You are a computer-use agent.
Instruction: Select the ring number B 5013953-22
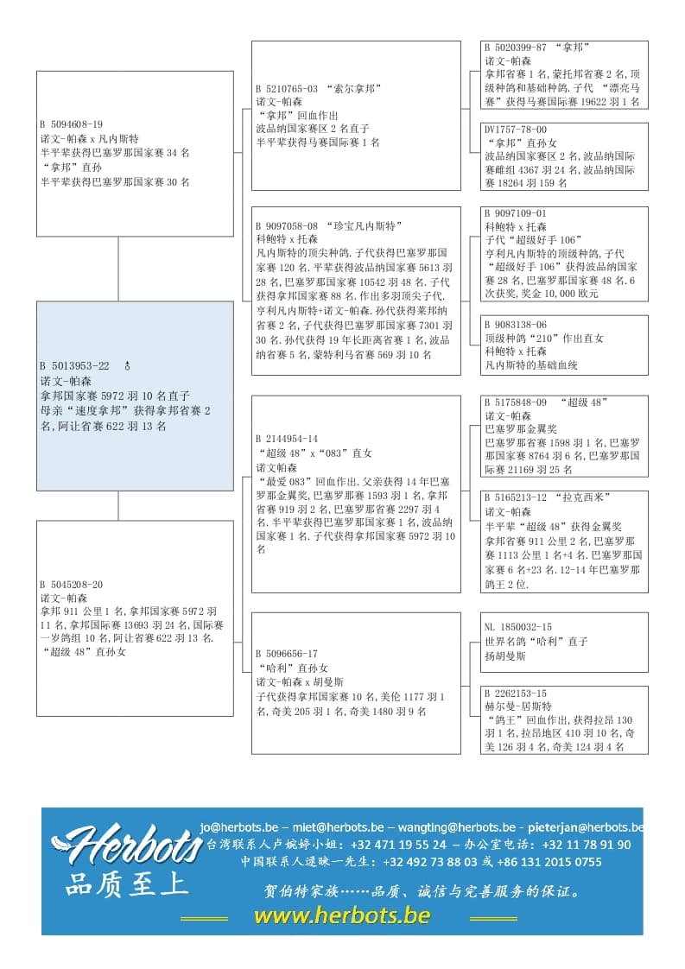coord(74,366)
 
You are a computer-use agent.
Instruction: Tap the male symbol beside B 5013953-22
coord(128,366)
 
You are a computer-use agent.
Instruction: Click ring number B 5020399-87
coord(516,48)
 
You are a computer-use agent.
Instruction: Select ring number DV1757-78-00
coord(516,130)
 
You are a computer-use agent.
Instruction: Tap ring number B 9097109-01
coord(516,213)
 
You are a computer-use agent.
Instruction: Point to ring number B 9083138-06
coord(516,326)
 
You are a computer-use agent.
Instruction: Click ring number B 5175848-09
coord(516,402)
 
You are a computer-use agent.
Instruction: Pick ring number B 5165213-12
coord(516,498)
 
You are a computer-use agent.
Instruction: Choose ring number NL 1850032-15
coord(518,628)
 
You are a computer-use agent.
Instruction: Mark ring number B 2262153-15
coord(516,693)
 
